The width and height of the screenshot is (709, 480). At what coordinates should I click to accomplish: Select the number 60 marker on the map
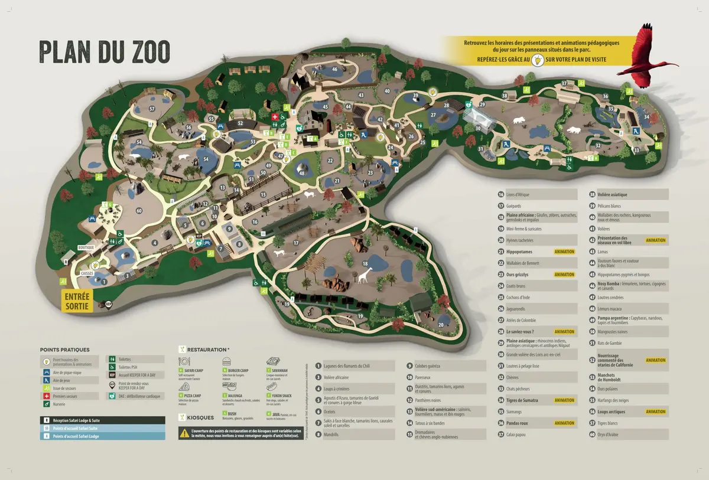click(139, 211)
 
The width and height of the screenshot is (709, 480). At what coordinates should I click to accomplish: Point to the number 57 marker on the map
click(152, 109)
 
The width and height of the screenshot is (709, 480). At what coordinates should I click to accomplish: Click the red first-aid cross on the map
click(275, 117)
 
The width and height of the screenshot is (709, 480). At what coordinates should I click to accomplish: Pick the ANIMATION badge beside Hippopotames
click(564, 252)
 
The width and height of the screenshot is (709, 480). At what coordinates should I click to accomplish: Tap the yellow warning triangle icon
click(184, 433)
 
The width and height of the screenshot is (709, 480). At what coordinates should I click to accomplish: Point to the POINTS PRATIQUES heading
click(65, 350)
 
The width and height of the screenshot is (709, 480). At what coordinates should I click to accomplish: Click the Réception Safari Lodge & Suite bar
click(102, 420)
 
